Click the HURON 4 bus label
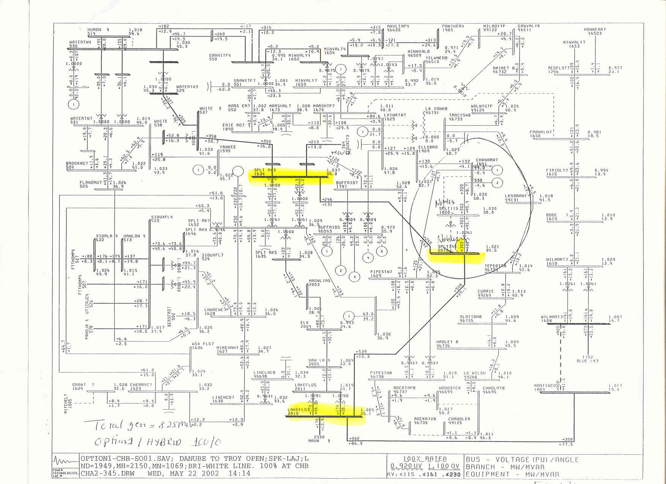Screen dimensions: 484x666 [x=98, y=30]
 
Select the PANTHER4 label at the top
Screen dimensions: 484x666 [x=453, y=26]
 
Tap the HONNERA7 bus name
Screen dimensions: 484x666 [x=595, y=29]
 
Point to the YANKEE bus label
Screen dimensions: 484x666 [x=228, y=147]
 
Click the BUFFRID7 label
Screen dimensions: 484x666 [x=346, y=183]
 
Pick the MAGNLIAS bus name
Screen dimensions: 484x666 [x=319, y=281]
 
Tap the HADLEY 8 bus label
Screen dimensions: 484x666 [x=447, y=342]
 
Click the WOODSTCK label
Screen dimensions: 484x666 [x=450, y=388]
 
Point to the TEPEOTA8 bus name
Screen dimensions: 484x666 [x=495, y=266]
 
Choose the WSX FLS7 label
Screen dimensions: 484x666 [x=203, y=344]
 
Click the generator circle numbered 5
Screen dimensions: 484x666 [x=382, y=251]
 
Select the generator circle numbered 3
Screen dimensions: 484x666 [x=354, y=277]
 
